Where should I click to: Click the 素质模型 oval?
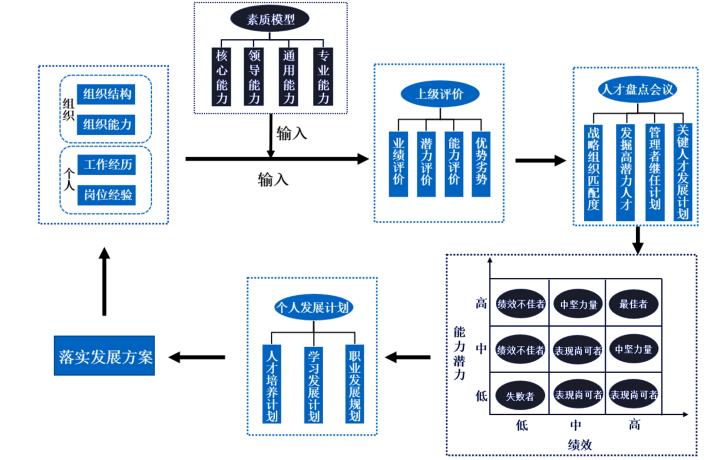point(270,20)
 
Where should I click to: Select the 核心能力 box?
point(221,76)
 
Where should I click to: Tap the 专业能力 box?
point(323,76)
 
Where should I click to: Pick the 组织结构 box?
point(106,94)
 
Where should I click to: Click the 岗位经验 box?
point(106,195)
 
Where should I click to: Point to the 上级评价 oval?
point(440,94)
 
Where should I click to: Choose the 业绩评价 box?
point(399,164)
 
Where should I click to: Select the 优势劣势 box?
point(481,164)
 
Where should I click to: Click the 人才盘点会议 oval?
point(636,89)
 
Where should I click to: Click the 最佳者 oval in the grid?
point(633,304)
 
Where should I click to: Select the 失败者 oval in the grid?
point(520,395)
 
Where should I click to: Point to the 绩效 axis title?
point(579,444)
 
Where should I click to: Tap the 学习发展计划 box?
point(313,384)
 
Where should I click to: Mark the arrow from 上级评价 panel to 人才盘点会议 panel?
point(541,160)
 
